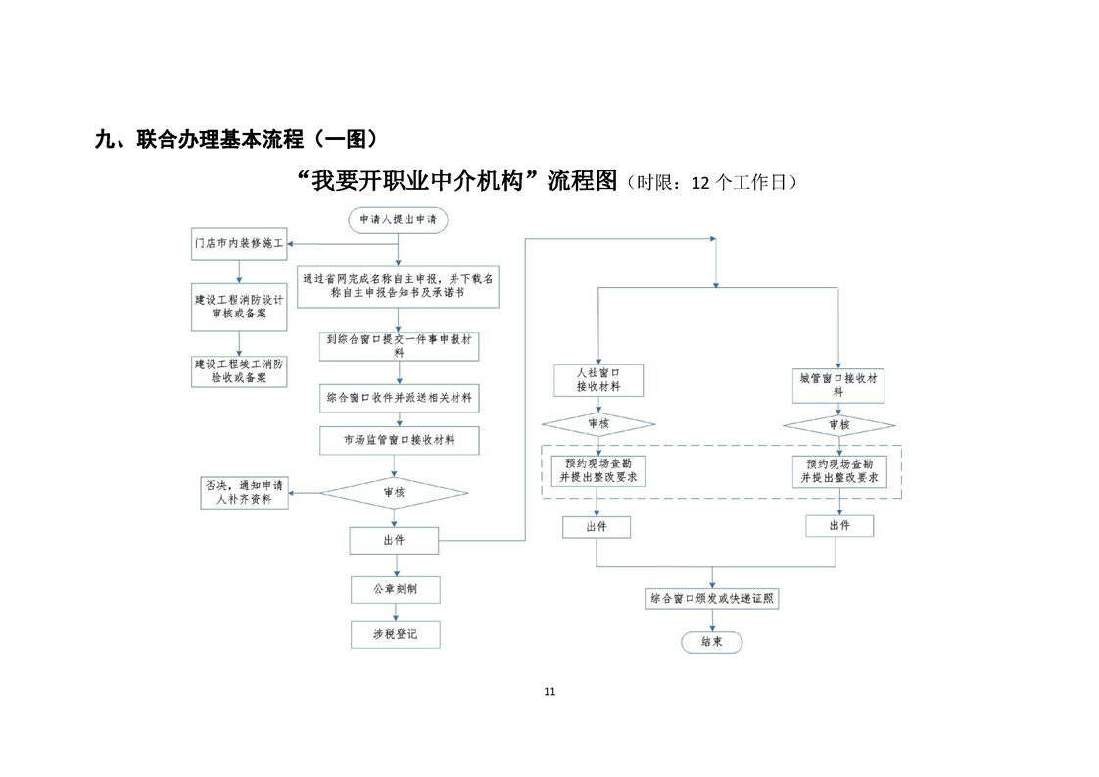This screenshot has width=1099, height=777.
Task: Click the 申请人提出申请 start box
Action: [398, 221]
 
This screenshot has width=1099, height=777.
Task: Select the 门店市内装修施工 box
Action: [239, 242]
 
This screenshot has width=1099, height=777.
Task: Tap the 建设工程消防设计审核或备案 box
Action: [239, 308]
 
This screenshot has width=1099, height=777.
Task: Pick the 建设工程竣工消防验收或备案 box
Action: [239, 369]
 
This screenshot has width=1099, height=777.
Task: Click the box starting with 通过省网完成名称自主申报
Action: [398, 285]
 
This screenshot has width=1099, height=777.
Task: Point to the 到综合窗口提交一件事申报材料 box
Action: [399, 345]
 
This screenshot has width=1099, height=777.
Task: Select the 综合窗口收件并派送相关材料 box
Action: [399, 399]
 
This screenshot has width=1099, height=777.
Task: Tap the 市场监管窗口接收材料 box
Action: [399, 441]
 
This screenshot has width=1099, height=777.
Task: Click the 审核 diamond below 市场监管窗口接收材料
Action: [395, 492]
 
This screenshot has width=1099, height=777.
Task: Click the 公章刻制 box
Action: [396, 589]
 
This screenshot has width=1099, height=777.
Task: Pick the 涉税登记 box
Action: [396, 634]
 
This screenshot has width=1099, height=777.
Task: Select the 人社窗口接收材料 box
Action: [597, 380]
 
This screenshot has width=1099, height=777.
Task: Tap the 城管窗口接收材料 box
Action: [838, 383]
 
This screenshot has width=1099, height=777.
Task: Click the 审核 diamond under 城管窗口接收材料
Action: [839, 425]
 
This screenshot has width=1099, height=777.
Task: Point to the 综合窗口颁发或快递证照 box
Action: [713, 598]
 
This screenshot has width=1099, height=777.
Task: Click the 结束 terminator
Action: [712, 642]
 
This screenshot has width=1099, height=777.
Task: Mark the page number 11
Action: [549, 691]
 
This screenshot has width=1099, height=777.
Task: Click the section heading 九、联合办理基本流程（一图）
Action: [235, 139]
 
